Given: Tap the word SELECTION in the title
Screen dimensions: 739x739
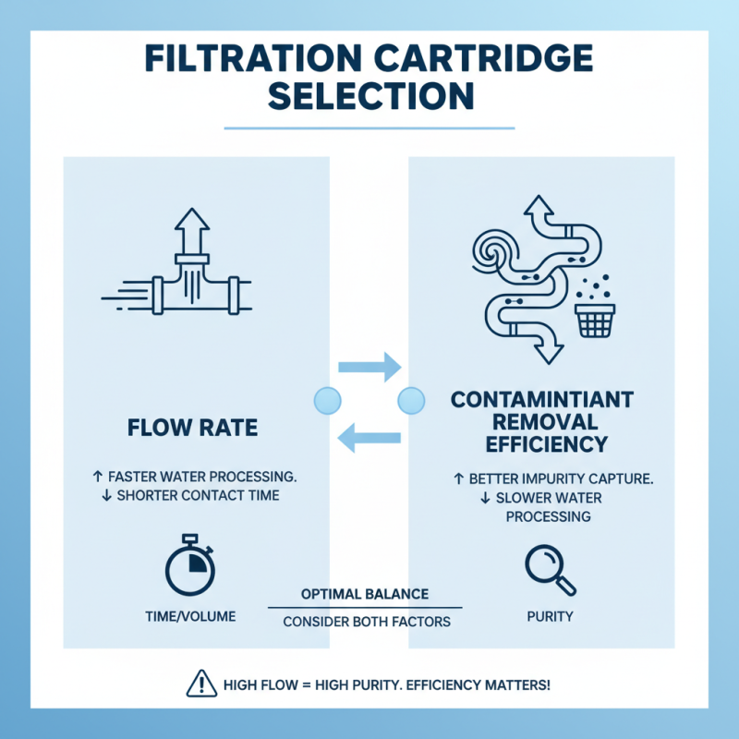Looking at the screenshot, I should (x=369, y=96).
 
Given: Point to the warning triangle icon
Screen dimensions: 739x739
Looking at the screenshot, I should (x=201, y=684).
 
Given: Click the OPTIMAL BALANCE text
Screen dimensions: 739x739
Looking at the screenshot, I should (x=365, y=592).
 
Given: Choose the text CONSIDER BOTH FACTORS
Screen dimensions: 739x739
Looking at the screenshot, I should (x=366, y=622).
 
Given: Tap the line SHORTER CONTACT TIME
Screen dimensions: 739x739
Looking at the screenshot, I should (x=193, y=496).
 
